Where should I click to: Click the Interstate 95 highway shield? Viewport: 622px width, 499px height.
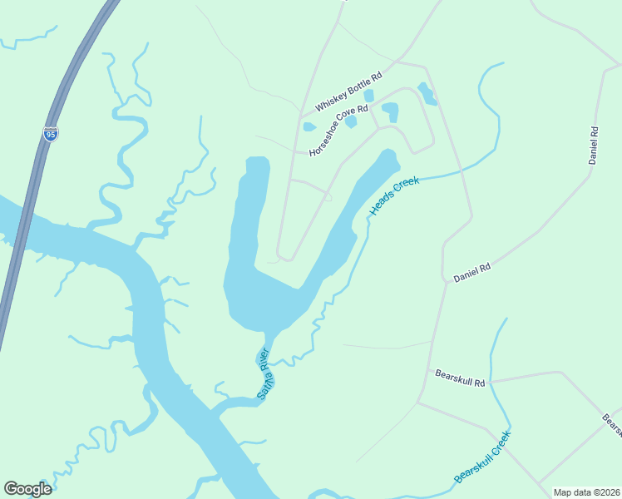52,133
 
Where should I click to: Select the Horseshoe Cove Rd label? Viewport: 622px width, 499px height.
338,131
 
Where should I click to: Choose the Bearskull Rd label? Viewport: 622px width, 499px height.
460,378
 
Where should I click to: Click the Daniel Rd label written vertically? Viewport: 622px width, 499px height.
594,146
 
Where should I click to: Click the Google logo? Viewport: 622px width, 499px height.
27,489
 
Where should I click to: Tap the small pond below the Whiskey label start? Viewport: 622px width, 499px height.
309,127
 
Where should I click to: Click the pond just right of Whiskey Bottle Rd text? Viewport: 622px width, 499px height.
368,96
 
